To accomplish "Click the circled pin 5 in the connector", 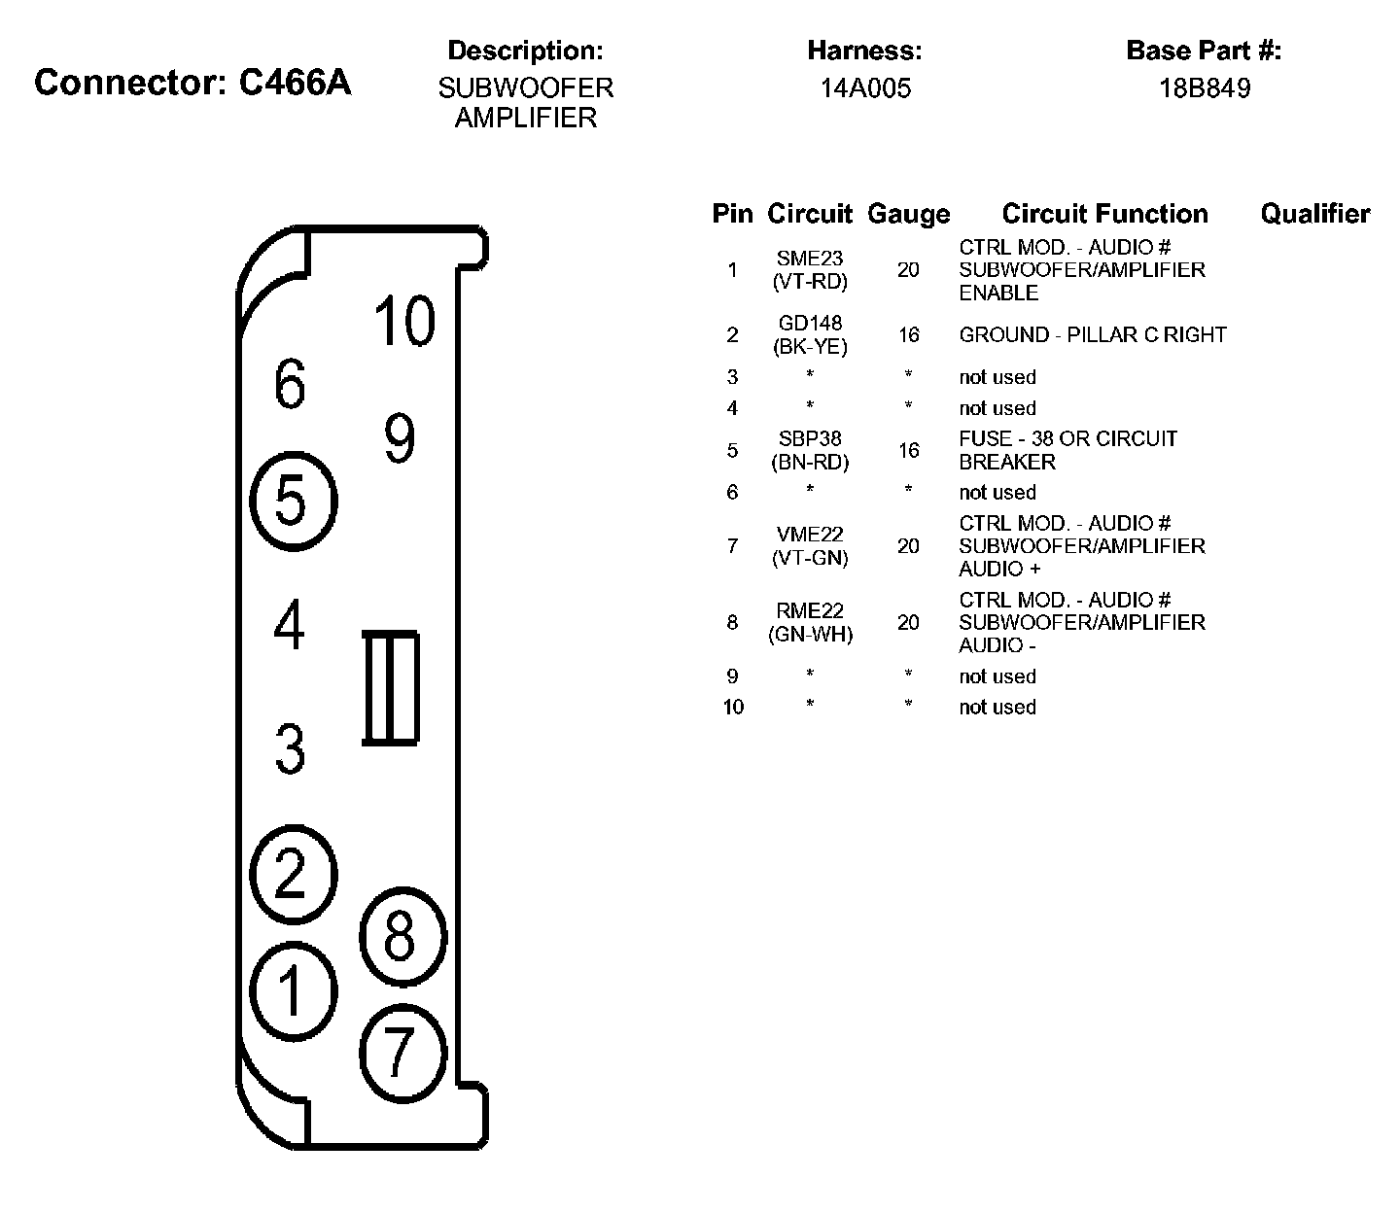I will click(293, 502).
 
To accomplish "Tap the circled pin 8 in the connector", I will click(402, 937).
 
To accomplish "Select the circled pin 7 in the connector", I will click(402, 1052).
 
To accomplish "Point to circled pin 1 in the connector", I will click(293, 991).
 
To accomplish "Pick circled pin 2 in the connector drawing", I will click(293, 872).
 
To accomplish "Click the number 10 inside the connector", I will click(403, 321).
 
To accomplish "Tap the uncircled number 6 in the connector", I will click(290, 384).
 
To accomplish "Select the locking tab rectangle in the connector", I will click(391, 688).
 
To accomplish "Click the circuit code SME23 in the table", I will click(810, 259).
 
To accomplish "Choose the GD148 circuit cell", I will click(810, 324).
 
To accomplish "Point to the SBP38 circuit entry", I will click(810, 439).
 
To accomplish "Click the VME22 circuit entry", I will click(810, 535).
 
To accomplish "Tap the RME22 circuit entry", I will click(810, 611).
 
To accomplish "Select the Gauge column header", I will click(908, 214).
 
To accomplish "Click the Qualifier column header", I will click(1314, 214).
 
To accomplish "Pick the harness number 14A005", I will click(864, 88).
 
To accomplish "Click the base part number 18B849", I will click(1204, 88).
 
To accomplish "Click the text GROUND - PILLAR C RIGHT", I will click(1092, 335).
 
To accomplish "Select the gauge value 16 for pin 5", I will click(908, 450).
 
